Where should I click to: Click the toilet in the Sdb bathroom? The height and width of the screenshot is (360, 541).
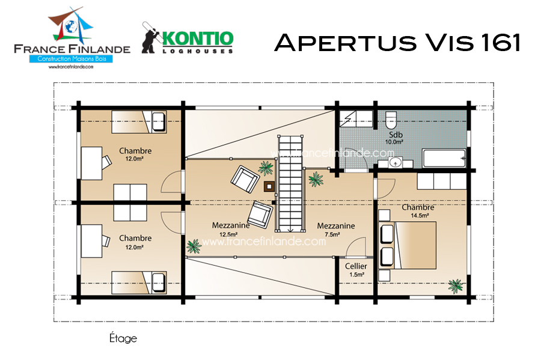(391, 120)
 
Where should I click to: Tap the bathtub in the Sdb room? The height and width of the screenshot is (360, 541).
(444, 158)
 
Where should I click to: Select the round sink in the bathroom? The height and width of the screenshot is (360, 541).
(395, 162)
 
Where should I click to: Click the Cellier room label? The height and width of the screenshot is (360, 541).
(356, 266)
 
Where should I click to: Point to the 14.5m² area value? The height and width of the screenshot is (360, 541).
(420, 216)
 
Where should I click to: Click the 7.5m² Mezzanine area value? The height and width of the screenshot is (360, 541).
(332, 234)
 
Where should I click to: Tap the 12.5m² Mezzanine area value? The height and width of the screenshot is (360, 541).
(228, 234)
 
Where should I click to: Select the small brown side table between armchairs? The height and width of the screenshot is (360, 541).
(269, 186)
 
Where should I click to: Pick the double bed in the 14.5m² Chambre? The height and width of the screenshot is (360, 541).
(408, 245)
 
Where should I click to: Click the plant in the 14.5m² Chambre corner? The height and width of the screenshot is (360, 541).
(456, 286)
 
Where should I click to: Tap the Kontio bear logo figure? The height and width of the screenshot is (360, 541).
(151, 38)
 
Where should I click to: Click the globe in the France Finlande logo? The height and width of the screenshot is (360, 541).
(71, 26)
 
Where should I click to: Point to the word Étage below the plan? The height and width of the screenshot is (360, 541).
(123, 338)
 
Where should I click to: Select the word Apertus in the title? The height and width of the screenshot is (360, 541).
(346, 43)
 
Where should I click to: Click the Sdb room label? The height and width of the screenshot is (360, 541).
(396, 135)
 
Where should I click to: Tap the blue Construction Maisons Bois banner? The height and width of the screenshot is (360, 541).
(71, 59)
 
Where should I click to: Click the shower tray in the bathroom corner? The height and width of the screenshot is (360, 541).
(356, 119)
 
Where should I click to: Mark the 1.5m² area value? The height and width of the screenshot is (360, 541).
(356, 275)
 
